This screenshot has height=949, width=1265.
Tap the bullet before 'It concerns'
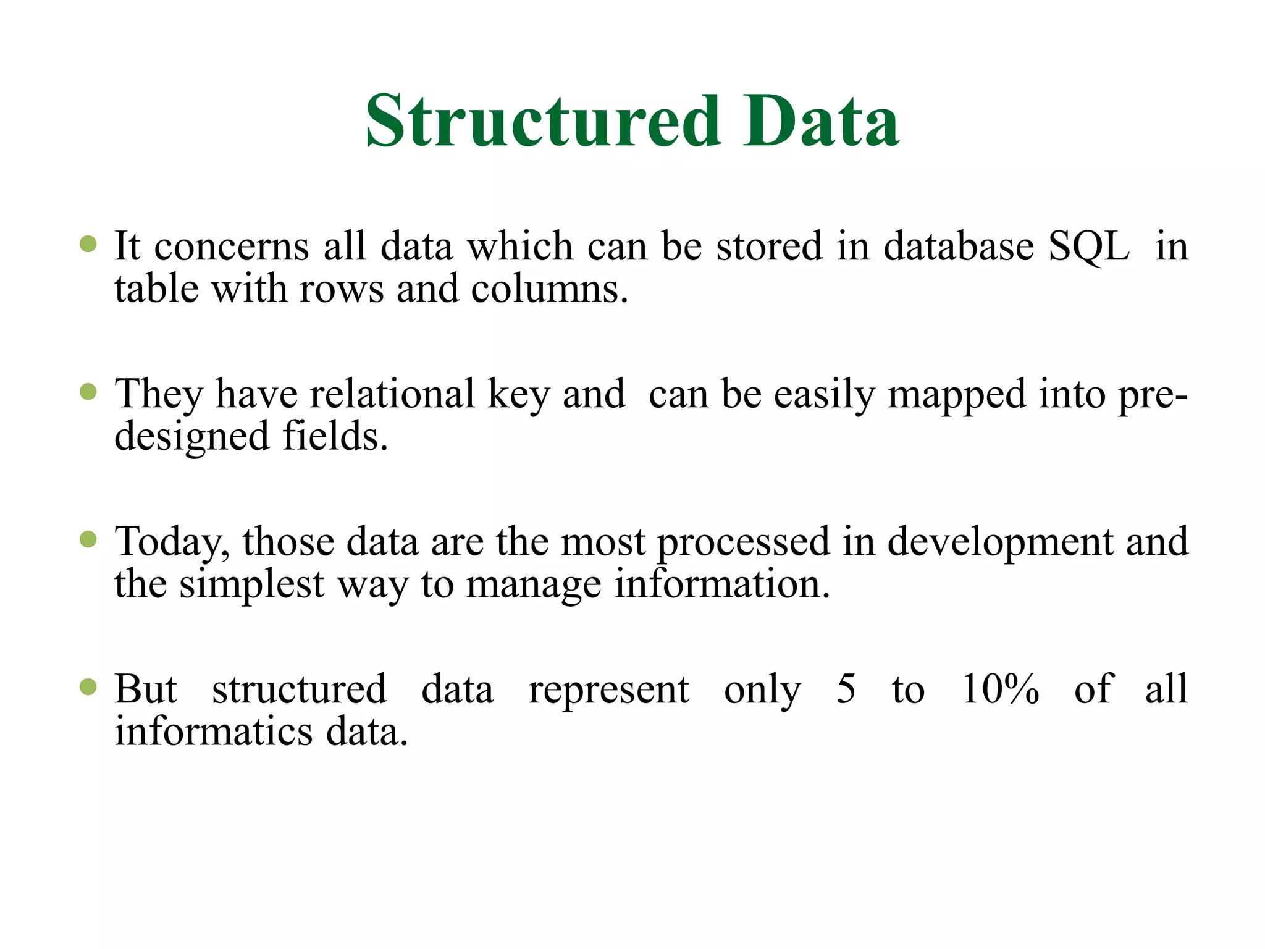coord(88,244)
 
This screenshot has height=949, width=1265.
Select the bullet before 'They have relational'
coord(88,392)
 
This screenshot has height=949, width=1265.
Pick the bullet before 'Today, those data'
coord(88,539)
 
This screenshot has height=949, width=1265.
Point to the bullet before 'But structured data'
coord(88,687)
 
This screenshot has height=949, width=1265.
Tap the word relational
coord(392,394)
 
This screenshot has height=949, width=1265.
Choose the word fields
coord(334,436)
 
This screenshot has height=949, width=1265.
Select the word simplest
coord(251,584)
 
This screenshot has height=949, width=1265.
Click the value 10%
coord(1001,689)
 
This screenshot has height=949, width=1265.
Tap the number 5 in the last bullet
coord(846,689)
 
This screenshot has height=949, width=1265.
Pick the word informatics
coord(214,732)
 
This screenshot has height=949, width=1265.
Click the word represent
coord(608,690)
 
